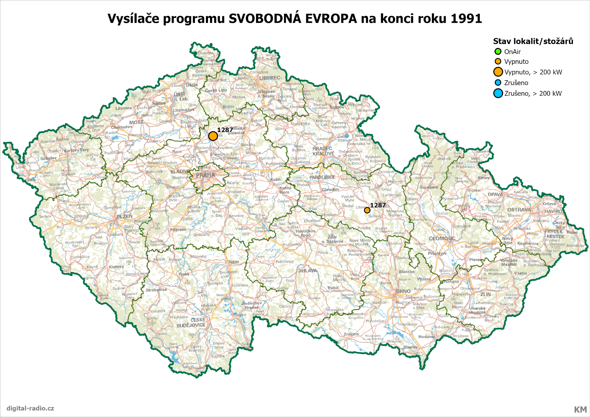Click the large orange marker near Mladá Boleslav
213,136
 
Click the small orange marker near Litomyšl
367,210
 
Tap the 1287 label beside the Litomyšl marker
378,205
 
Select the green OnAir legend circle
498,51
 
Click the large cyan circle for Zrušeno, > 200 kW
498,93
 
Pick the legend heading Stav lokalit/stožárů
533,41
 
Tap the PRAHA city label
205,175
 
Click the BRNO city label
403,291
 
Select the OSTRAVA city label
519,210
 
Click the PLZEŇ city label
124,216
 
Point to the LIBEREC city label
270,78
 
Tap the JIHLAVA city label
307,270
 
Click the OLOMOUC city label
442,238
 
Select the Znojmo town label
351,334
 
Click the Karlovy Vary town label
76,150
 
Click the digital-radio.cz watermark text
30,408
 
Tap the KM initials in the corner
580,409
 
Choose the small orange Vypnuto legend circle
498,61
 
